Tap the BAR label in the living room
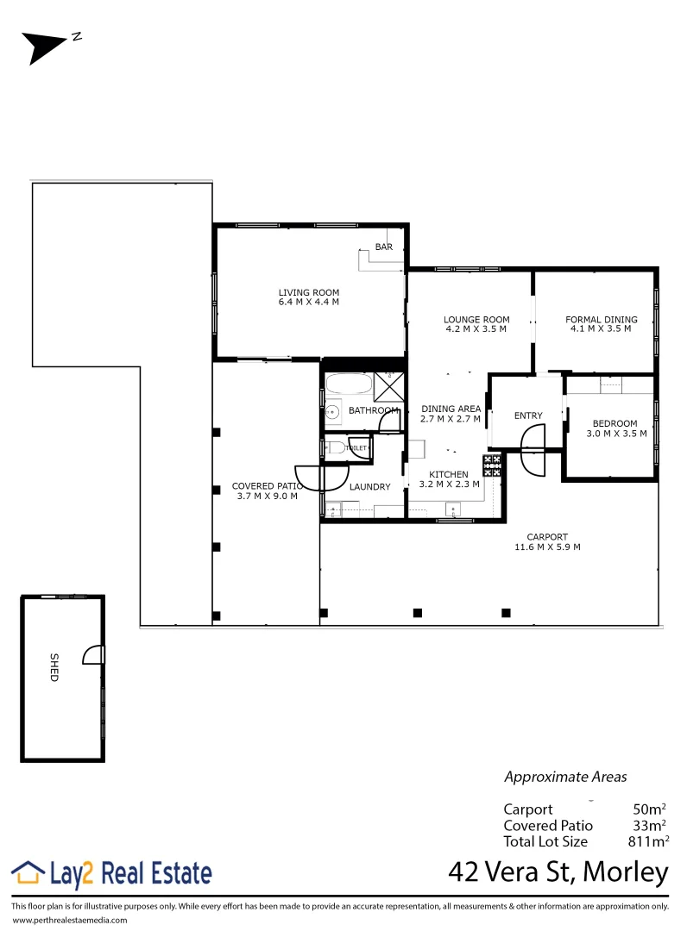click(x=384, y=247)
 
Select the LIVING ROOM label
click(x=309, y=292)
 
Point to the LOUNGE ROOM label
click(x=476, y=320)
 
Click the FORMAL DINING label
click(x=602, y=320)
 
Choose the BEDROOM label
click(x=615, y=423)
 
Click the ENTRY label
click(x=528, y=416)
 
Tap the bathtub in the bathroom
click(x=348, y=386)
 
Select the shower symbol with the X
click(x=387, y=386)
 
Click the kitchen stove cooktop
click(x=493, y=465)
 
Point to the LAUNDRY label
click(x=369, y=487)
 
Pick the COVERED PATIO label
click(x=265, y=486)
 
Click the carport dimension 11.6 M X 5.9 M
click(x=547, y=547)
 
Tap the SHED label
click(x=53, y=672)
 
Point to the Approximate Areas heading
click(x=565, y=777)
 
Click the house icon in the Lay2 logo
click(x=28, y=872)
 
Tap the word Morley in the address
click(x=626, y=872)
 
